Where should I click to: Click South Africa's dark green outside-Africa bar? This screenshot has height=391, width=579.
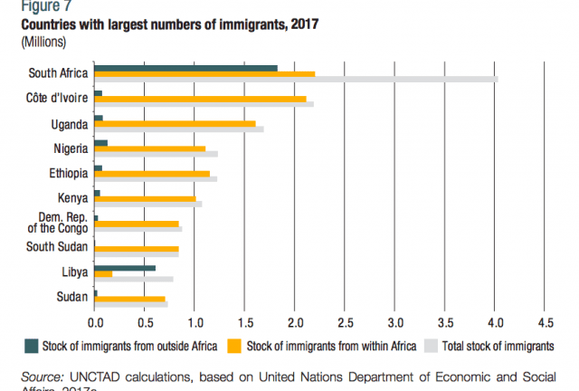(185, 68)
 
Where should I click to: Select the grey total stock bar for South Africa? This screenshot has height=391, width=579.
(407, 80)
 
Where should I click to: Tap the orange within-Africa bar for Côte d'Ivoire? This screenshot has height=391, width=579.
(200, 99)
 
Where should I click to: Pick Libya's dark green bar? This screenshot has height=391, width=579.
(125, 268)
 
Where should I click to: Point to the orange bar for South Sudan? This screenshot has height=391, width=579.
(137, 248)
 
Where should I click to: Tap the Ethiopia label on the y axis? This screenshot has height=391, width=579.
(69, 173)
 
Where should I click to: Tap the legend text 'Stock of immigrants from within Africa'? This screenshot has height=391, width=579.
(330, 345)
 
